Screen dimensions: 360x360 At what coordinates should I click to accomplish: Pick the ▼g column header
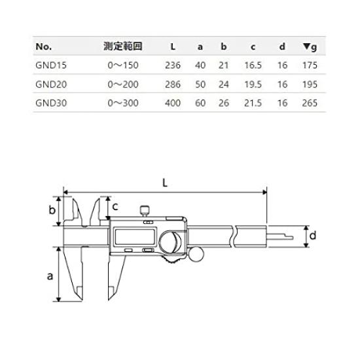[x=311, y=47]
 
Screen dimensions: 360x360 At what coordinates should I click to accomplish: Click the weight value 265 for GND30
[x=311, y=103]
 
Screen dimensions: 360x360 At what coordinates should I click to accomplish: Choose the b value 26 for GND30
[x=225, y=103]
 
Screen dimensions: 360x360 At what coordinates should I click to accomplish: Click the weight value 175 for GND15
[x=311, y=66]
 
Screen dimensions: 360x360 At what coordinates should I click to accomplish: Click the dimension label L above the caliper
[x=165, y=185]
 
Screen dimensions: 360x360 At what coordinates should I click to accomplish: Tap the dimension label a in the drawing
[x=50, y=276]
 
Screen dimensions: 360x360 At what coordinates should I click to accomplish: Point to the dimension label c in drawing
[x=115, y=206]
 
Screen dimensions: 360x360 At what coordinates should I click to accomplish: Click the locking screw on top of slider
[x=144, y=210]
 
